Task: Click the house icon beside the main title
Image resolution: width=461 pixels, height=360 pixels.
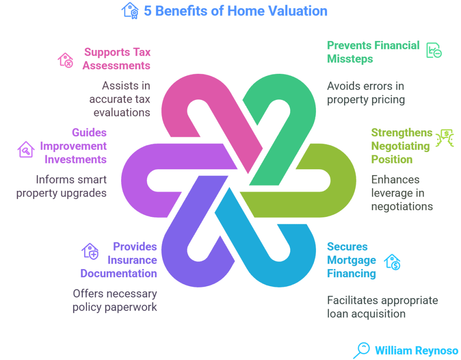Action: click(x=130, y=10)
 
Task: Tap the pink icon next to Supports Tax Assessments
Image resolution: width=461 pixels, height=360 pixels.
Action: click(x=65, y=60)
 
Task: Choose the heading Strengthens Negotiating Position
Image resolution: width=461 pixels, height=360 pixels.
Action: click(x=401, y=146)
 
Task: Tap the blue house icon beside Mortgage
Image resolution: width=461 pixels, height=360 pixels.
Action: click(x=392, y=261)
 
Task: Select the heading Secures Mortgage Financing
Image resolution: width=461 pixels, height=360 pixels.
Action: click(x=351, y=260)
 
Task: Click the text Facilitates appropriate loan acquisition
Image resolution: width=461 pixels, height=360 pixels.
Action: click(x=382, y=306)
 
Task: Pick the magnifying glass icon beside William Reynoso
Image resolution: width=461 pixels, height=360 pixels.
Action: click(x=361, y=350)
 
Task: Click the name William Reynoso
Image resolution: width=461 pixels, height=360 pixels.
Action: click(x=416, y=350)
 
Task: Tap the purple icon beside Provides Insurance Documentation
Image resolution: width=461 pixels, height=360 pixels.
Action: click(x=90, y=252)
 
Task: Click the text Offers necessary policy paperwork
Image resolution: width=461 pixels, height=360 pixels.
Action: click(x=115, y=300)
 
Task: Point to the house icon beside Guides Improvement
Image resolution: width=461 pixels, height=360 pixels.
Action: click(x=26, y=149)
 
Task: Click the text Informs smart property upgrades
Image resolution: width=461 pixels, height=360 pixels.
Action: click(x=62, y=186)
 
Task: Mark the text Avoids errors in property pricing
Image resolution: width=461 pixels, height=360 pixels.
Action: click(x=366, y=93)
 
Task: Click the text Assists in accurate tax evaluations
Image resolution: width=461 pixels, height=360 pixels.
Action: click(x=119, y=99)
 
